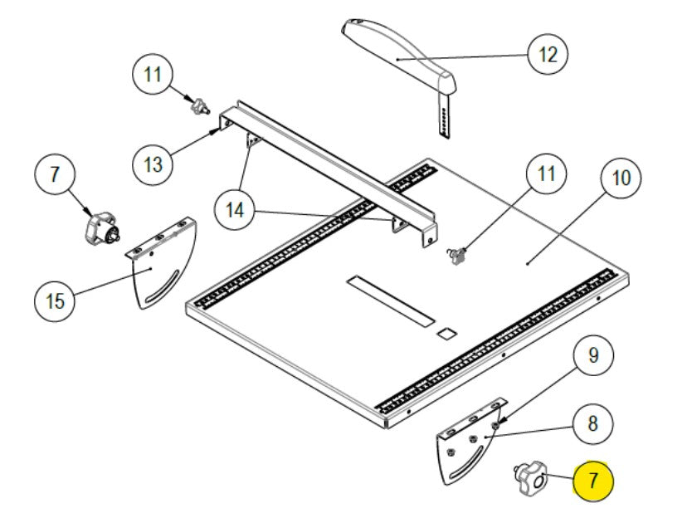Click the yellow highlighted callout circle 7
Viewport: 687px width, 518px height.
pos(592,480)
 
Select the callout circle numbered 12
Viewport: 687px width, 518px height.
pos(548,55)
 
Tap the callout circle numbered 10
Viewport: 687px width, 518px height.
pos(621,178)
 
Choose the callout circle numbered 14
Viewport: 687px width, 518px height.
pos(236,210)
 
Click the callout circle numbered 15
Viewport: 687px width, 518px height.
pos(55,300)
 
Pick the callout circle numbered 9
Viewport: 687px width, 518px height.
pos(592,356)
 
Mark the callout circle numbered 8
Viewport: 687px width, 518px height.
pos(592,423)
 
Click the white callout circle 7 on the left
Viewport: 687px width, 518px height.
pos(55,175)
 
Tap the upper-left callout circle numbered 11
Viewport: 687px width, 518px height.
pos(153,75)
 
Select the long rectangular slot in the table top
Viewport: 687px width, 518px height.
pos(391,300)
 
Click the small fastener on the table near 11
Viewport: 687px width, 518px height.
pos(456,256)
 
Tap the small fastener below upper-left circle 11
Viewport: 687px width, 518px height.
pos(199,107)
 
